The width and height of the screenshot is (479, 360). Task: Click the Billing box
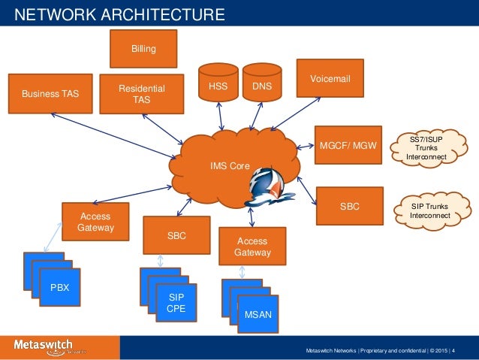143,49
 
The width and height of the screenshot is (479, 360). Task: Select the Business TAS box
50,93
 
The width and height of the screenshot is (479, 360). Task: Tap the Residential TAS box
141,95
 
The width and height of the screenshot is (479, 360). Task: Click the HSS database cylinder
217,86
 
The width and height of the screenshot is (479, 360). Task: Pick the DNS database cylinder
262,86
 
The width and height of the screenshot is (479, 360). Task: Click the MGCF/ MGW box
348,144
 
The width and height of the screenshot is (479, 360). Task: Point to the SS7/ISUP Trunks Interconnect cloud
427,148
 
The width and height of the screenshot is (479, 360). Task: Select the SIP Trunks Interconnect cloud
431,210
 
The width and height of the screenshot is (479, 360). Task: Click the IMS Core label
230,165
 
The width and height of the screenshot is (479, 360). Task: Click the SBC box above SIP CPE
176,235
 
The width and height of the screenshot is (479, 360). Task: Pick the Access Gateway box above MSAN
252,247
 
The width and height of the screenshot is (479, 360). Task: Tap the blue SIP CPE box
175,303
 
